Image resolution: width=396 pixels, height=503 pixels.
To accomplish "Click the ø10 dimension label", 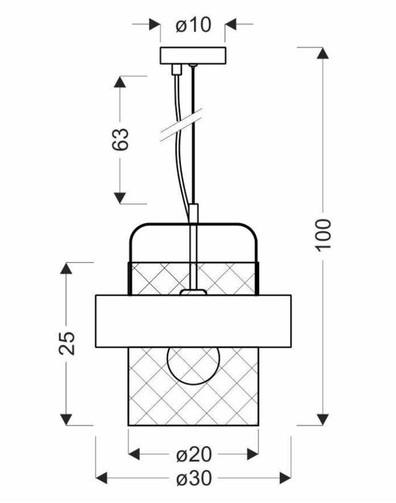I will click(193, 25).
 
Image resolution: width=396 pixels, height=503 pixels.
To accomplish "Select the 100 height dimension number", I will click(323, 234).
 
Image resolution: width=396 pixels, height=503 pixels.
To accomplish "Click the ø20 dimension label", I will click(194, 455).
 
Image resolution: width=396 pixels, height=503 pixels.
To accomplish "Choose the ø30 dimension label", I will click(194, 478).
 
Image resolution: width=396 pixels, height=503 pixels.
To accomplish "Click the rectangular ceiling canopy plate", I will click(193, 56).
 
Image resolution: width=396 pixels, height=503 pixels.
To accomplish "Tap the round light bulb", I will click(193, 366).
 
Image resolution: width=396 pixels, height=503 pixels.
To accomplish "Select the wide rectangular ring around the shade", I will click(193, 321).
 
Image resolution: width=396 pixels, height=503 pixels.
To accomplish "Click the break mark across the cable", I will click(181, 124).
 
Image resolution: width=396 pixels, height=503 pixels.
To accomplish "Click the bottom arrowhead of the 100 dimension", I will click(323, 419).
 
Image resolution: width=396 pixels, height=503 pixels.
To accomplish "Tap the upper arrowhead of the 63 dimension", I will click(120, 82).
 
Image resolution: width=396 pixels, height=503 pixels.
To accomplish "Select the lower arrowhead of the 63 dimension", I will click(120, 198).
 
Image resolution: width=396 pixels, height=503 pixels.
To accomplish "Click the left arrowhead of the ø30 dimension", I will click(102, 478).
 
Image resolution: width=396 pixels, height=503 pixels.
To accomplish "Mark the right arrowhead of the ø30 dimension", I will click(285, 478).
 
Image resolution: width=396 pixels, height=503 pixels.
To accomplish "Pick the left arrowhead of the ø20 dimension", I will click(134, 455).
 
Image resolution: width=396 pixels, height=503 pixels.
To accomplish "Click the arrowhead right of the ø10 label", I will click(231, 24).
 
